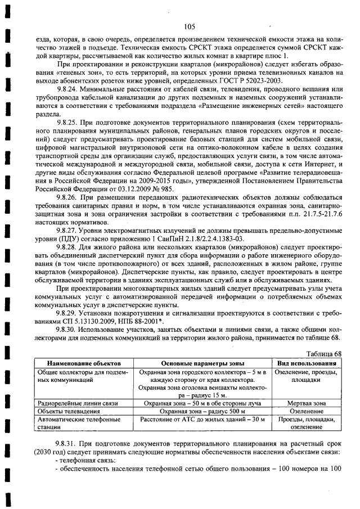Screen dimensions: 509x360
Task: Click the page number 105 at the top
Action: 189,25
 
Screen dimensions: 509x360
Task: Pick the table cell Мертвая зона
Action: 307,403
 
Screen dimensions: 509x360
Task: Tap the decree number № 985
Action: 163,190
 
